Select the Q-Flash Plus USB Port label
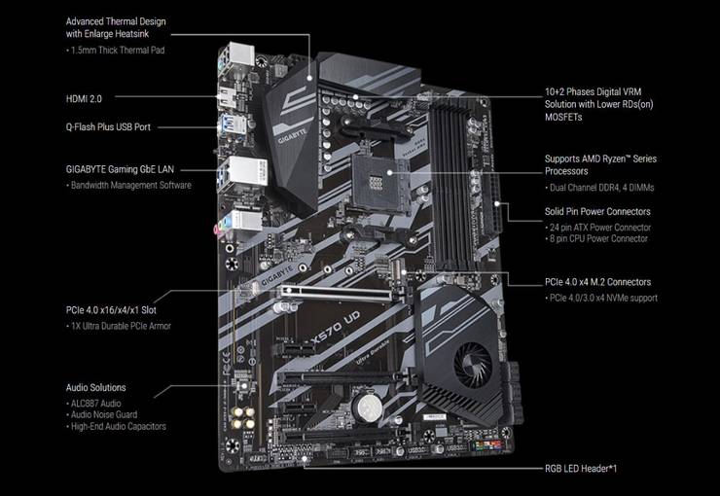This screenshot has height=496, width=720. (107, 126)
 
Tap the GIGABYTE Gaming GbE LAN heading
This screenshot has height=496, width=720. (120, 168)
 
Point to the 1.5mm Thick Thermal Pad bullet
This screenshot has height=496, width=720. (116, 49)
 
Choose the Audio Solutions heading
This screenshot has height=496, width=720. (95, 387)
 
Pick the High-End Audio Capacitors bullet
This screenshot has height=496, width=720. (119, 426)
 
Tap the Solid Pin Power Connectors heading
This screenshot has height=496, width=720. (597, 211)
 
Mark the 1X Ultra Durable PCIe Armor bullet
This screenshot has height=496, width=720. (121, 326)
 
